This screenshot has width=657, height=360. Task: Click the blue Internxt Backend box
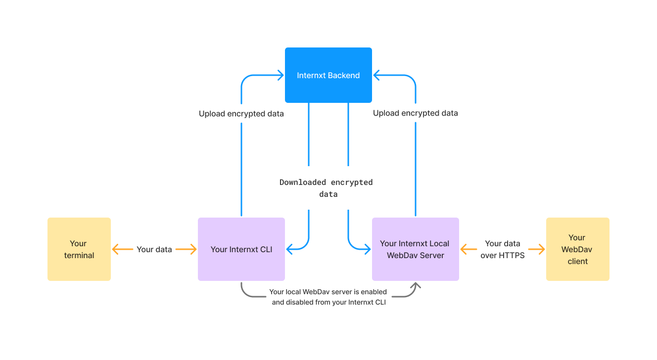pos(328,75)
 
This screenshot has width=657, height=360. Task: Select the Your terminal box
pos(79,249)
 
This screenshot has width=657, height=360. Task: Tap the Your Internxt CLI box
pos(241,249)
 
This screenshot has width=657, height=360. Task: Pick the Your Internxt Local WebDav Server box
pos(415,249)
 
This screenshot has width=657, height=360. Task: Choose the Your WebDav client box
pos(578,249)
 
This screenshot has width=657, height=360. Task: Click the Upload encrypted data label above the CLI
pos(241,114)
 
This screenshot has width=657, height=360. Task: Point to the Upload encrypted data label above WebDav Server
pos(415,113)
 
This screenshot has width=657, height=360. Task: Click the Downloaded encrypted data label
pos(326,188)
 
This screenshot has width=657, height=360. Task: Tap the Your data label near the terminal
pos(154,250)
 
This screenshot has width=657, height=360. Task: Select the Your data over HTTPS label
pos(503,250)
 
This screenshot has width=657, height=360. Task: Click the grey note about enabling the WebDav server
pos(328,297)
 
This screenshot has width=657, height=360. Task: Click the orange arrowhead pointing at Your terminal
pos(115,249)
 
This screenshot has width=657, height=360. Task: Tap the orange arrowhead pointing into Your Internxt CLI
pos(193,249)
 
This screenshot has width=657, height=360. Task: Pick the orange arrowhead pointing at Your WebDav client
pos(541,249)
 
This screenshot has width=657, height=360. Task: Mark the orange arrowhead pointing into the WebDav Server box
pos(464,249)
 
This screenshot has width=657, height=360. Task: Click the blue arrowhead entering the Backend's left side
pos(281,75)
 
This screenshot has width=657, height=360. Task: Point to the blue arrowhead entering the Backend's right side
pos(376,75)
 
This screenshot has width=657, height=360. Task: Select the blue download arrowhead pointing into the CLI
pos(289,249)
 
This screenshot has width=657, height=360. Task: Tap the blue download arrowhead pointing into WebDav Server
pos(368,249)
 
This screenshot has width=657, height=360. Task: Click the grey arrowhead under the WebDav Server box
pos(416,285)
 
